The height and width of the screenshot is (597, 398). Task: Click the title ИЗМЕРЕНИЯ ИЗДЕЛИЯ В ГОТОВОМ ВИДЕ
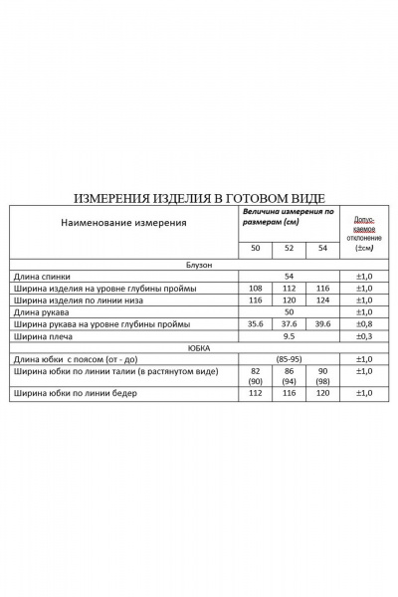199,198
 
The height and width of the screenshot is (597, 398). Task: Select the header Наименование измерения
124,222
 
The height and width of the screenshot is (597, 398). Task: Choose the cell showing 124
320,299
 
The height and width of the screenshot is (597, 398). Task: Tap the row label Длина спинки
43,275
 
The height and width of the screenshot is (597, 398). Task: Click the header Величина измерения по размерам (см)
288,218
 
